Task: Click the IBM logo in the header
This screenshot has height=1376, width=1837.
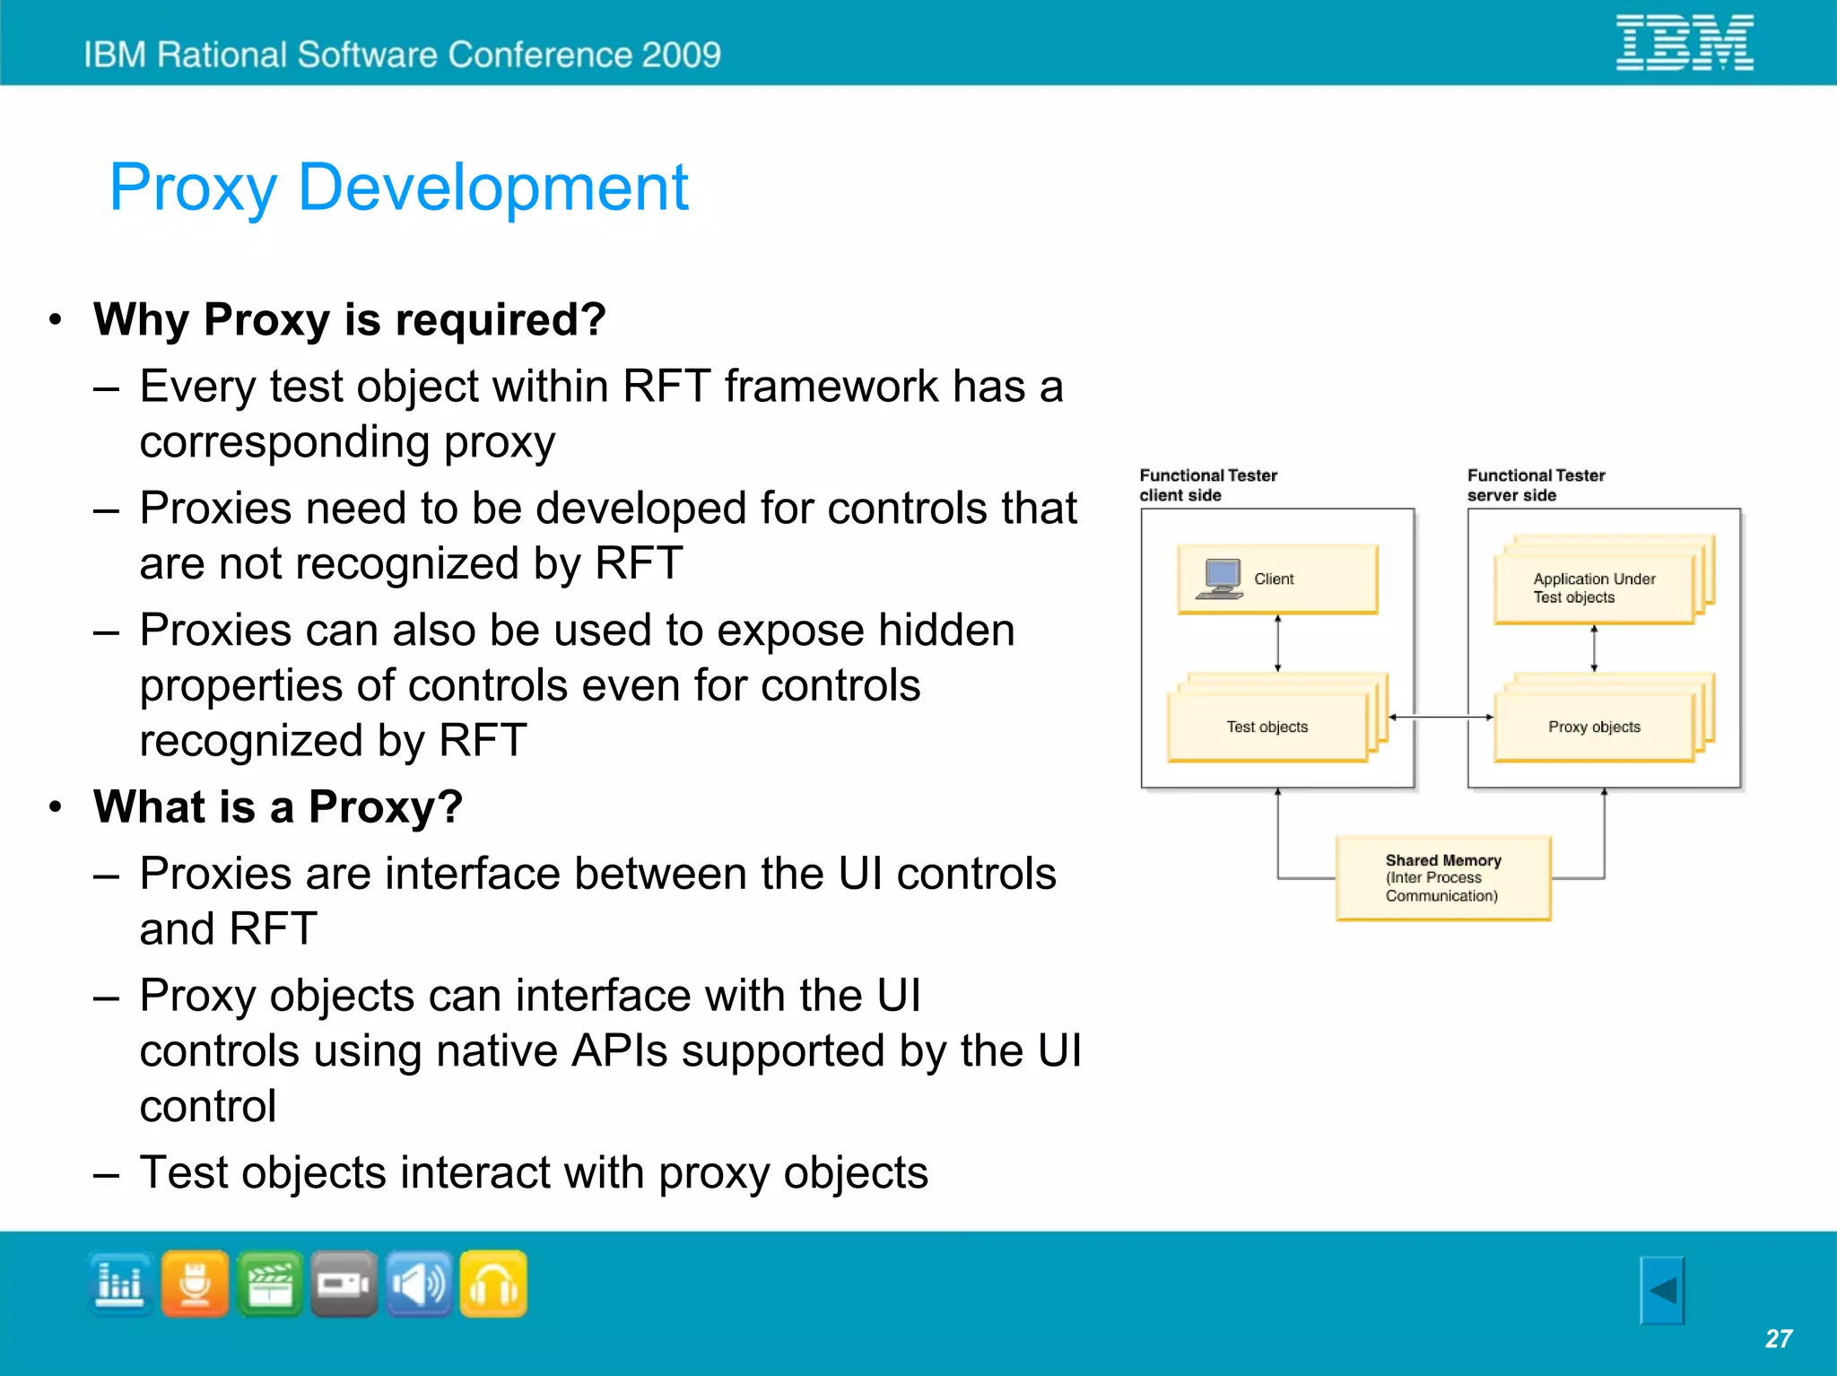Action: [x=1685, y=42]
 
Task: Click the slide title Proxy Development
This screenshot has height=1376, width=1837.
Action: [x=398, y=187]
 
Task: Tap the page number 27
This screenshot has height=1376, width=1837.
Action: [x=1778, y=1338]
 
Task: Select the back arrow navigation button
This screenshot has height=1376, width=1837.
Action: [x=1662, y=1290]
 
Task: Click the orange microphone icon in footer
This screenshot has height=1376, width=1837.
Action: [x=195, y=1284]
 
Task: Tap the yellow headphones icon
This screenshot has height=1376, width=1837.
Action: [x=493, y=1284]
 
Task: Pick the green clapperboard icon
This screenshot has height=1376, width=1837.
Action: [x=270, y=1284]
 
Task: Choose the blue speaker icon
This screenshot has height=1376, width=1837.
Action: [x=419, y=1284]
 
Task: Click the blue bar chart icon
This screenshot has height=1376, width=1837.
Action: [x=120, y=1284]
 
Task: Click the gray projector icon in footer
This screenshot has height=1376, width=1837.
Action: [x=344, y=1284]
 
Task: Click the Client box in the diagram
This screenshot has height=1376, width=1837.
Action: [x=1277, y=579]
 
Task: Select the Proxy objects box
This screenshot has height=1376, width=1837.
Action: [x=1594, y=727]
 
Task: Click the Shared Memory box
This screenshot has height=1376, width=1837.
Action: [x=1442, y=877]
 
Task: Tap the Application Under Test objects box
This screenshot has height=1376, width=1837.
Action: [x=1593, y=588]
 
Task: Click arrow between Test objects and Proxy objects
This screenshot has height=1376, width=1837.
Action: [x=1441, y=717]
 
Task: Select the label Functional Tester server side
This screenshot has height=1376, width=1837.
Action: [x=1536, y=485]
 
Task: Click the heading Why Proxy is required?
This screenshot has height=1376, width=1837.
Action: [x=350, y=319]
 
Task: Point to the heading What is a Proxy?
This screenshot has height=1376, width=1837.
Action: [x=278, y=806]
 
